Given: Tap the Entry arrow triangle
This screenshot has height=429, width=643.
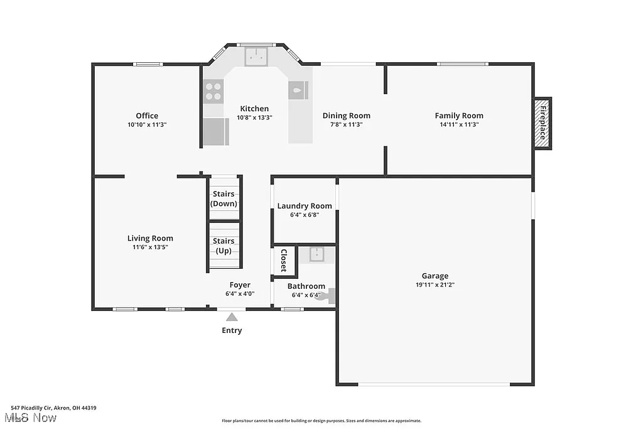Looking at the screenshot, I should point(232,317).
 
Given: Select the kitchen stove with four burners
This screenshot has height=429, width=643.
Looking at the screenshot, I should point(213,92).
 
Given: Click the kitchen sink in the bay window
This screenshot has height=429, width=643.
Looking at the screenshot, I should point(256,57).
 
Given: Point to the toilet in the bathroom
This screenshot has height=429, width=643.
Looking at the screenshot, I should point(327,296).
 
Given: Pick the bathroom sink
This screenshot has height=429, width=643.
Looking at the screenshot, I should point(316,254).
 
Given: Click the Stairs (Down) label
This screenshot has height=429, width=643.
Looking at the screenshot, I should point(224,198).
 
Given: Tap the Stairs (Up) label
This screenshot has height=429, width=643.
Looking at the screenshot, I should point(224,246).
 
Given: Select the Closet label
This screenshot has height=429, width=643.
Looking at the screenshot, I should point(283,260).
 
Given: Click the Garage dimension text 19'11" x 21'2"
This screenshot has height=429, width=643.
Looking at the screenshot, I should point(435,285).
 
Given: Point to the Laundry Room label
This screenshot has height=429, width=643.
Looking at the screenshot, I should point(305,206).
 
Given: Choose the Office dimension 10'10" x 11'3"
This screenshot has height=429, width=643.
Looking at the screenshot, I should point(147,124).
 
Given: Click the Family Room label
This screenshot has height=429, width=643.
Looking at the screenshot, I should point(459,116).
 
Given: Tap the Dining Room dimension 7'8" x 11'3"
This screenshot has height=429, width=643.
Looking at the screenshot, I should point(346,124).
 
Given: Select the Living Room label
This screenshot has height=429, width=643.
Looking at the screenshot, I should point(150,238).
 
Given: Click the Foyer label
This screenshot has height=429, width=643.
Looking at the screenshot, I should point(240,285).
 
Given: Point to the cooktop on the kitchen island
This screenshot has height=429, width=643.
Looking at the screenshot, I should point(298,90).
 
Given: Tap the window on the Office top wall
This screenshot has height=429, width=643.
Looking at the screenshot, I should point(149,63).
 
